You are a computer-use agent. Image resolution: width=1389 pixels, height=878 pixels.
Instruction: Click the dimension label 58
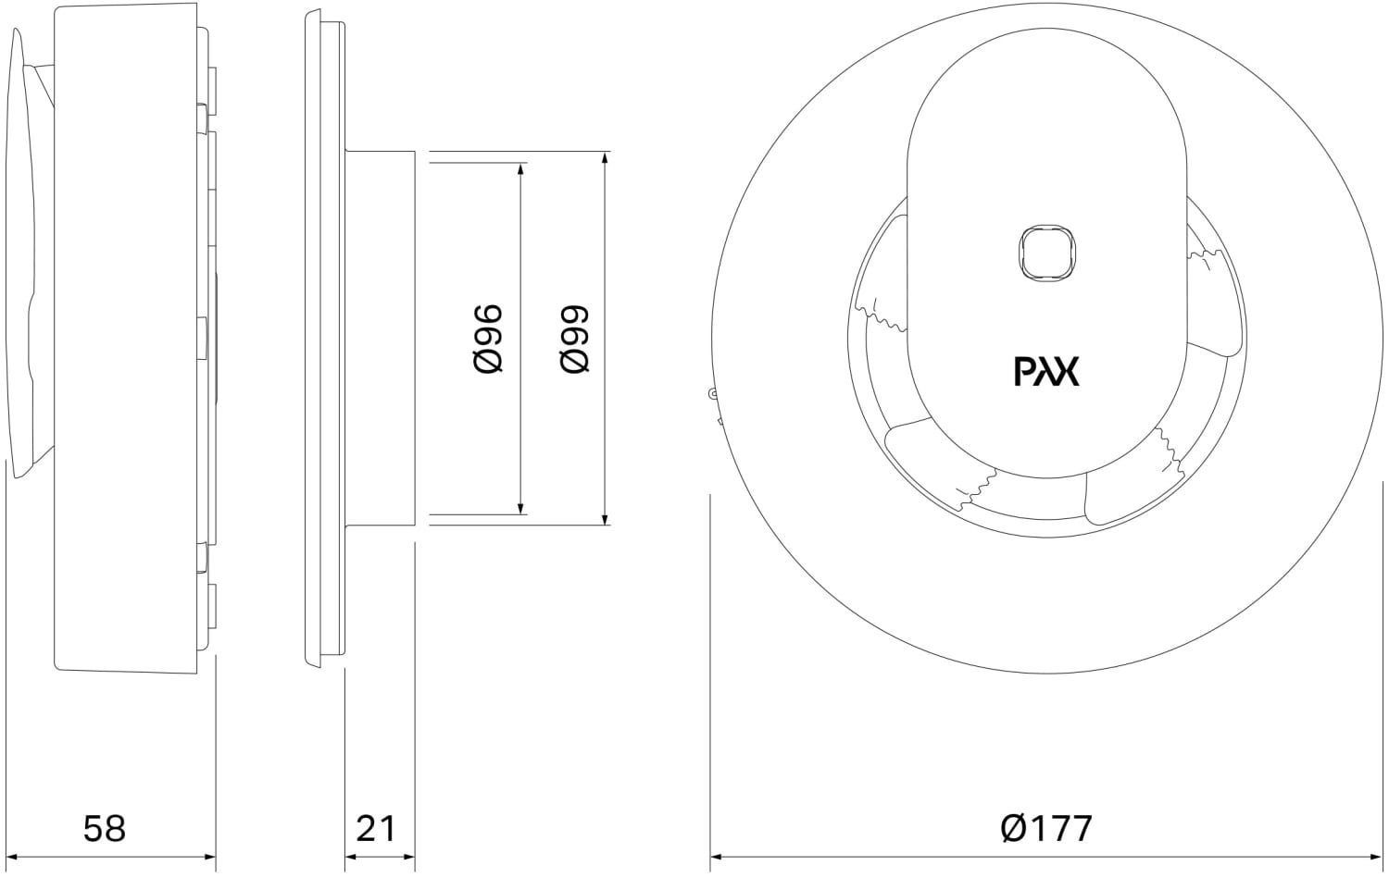104,828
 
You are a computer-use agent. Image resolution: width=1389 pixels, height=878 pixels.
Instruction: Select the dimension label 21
376,828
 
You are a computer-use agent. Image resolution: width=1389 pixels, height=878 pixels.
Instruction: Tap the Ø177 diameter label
1046,828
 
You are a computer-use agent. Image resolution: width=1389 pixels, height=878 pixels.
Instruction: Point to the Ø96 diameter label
488,339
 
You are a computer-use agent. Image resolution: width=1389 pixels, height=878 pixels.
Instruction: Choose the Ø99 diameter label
575,339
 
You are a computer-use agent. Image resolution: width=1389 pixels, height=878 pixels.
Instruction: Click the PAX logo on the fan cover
1046,372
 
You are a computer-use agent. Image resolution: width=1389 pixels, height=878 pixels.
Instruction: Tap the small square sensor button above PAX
1045,252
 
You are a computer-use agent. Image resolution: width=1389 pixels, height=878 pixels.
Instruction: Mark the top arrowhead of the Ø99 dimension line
605,158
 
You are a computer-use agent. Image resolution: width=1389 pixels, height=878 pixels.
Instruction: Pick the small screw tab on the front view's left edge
713,395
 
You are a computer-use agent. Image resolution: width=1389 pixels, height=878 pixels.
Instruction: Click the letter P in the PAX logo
1024,372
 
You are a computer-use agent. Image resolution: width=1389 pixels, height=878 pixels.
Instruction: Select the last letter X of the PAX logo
1068,372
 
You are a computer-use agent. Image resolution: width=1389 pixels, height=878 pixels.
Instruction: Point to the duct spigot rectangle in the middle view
380,339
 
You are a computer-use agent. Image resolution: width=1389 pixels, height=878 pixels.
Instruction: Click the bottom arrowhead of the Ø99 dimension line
605,519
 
